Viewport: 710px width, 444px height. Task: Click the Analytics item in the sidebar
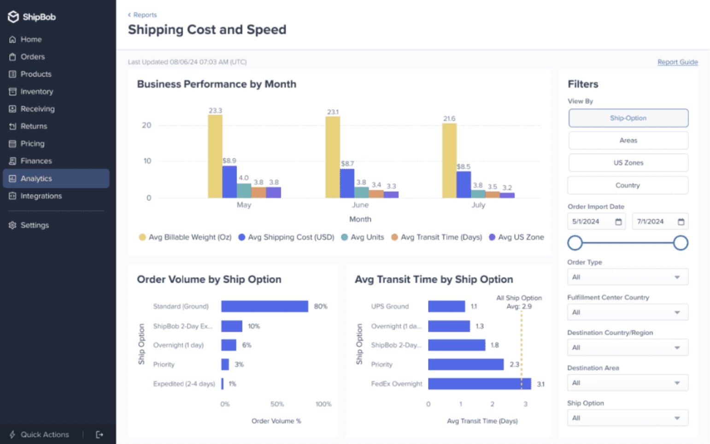click(36, 178)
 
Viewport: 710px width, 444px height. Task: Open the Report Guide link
click(677, 62)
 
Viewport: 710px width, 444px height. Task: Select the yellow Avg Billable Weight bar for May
click(215, 157)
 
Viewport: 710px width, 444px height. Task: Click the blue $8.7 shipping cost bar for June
click(347, 184)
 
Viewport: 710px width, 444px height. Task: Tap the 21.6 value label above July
click(449, 118)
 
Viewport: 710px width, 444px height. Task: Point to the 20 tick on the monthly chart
click(147, 125)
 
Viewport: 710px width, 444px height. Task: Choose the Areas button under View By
click(628, 140)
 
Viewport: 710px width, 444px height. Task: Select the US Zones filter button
click(628, 163)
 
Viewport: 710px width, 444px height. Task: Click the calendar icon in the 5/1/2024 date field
click(618, 222)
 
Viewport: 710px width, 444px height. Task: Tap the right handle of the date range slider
click(681, 243)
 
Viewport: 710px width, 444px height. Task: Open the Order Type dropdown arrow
click(677, 277)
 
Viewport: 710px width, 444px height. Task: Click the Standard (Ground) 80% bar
click(264, 306)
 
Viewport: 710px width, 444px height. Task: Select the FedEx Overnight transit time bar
click(479, 384)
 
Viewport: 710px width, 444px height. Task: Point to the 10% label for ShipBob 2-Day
click(254, 326)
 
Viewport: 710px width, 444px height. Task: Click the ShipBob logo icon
click(13, 17)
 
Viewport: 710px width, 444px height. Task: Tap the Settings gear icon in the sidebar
click(12, 225)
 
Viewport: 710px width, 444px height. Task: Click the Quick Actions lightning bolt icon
click(12, 434)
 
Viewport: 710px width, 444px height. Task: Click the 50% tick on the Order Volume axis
click(277, 404)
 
